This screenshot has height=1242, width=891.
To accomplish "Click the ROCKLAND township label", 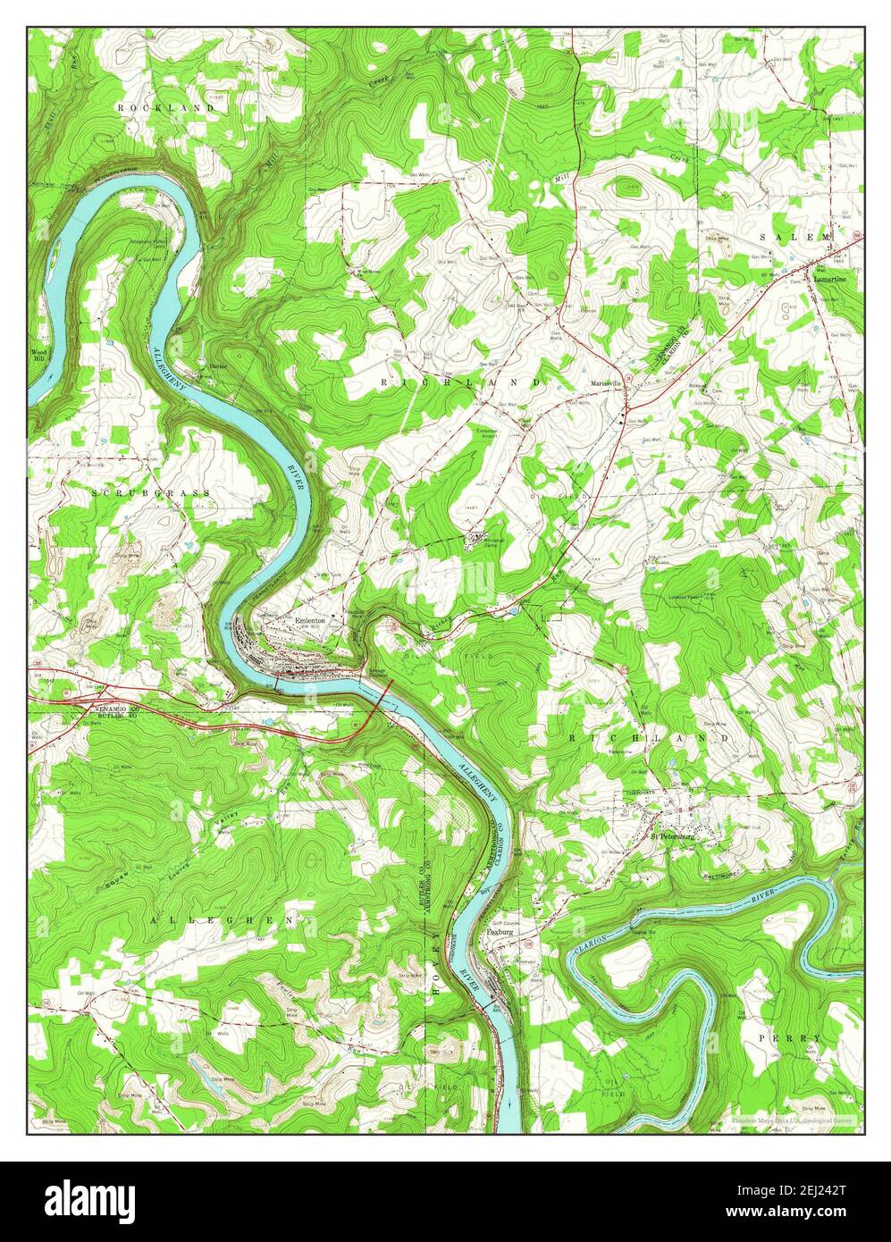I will coord(165,107).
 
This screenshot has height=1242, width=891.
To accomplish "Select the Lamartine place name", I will coord(830,278).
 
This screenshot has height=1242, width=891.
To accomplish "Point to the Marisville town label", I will coord(606,383).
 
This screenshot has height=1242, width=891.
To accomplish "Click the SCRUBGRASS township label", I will coord(151,492).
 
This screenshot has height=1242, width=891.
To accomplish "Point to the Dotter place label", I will coord(218,366).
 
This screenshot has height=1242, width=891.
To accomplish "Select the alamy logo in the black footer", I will coord(89,1198).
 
